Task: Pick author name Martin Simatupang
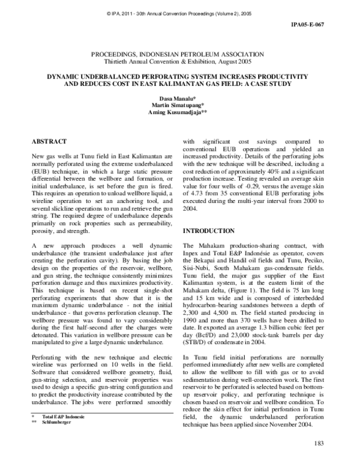point(179,104)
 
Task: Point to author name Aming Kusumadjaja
point(179,112)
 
